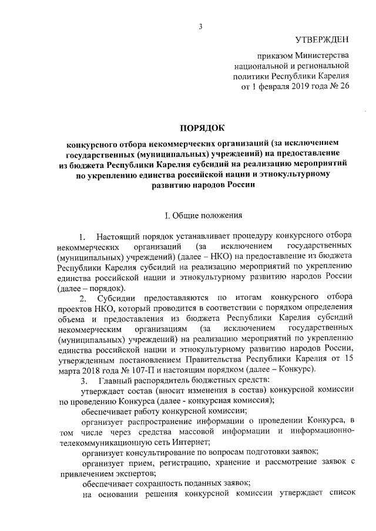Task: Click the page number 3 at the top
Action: tap(200, 26)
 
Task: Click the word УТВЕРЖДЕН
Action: tap(321, 39)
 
